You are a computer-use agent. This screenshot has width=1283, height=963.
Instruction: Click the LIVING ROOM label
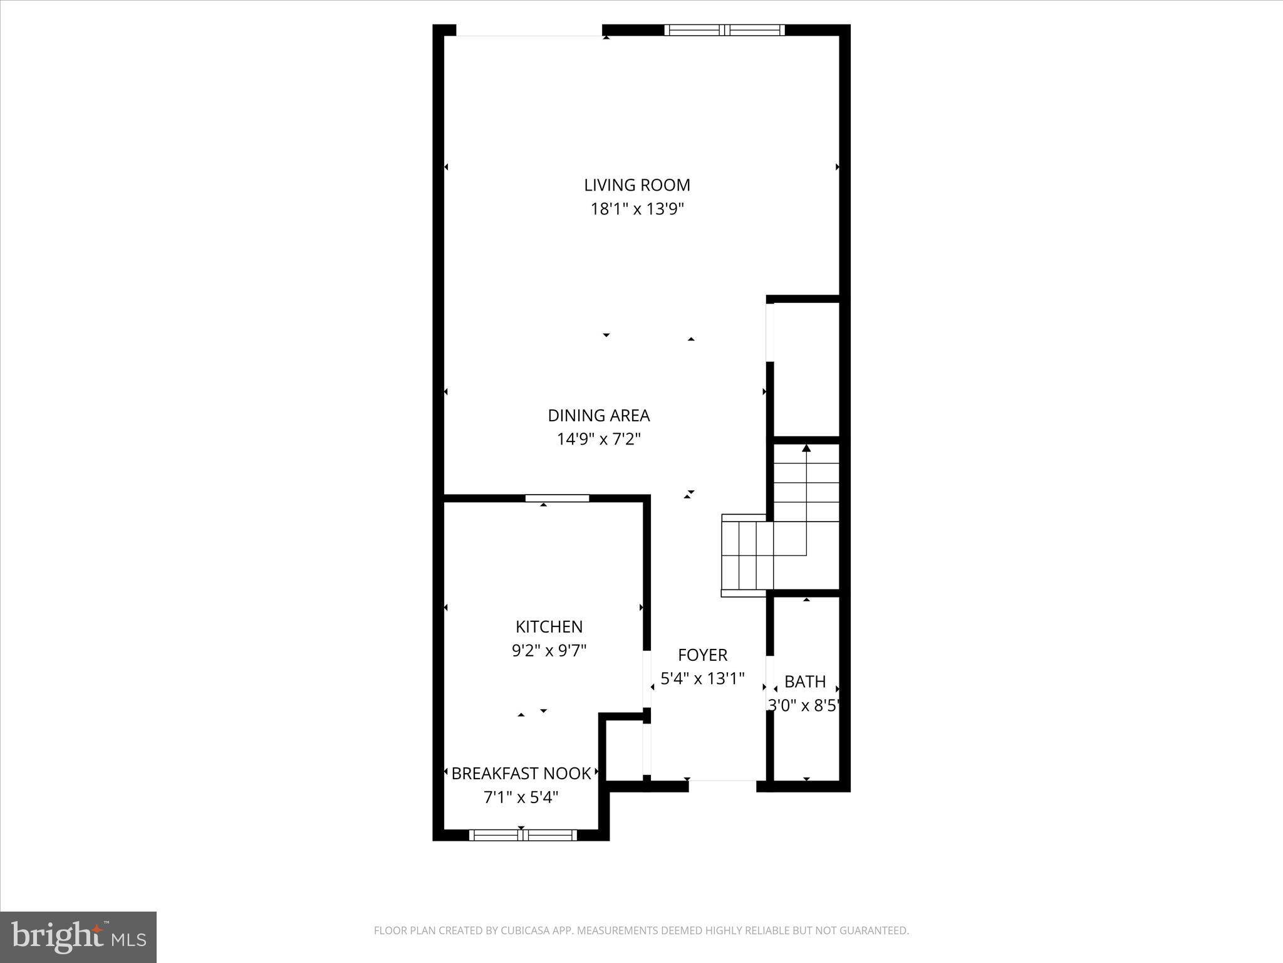coord(636,185)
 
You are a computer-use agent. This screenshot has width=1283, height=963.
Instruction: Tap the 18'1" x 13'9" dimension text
coord(636,209)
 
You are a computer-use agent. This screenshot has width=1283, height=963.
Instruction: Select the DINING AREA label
coord(598,415)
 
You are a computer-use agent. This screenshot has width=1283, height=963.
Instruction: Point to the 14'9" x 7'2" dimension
coord(598,439)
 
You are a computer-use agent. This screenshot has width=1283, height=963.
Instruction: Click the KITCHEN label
coord(549,626)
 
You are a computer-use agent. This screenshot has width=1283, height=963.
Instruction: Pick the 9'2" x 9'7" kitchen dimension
coord(549,650)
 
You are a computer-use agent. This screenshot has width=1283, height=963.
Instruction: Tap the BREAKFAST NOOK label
coord(521,773)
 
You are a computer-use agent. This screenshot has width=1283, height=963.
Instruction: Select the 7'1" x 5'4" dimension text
coord(521,797)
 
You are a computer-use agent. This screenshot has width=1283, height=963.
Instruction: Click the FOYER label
coord(702,655)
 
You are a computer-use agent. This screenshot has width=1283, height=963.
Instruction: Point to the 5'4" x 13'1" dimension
coord(702,678)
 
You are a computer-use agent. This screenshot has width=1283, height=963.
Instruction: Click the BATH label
coord(805,681)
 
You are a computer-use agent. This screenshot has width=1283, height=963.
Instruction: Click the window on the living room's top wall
coord(724,29)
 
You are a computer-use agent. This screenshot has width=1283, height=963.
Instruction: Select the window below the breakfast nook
coord(522,834)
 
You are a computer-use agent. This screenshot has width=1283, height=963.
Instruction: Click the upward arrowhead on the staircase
coord(806,448)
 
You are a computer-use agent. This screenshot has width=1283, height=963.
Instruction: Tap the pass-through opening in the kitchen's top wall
coord(557,498)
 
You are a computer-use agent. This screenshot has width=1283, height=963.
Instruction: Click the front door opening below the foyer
coord(722,786)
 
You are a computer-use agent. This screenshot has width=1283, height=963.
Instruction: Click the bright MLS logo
coord(78,937)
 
